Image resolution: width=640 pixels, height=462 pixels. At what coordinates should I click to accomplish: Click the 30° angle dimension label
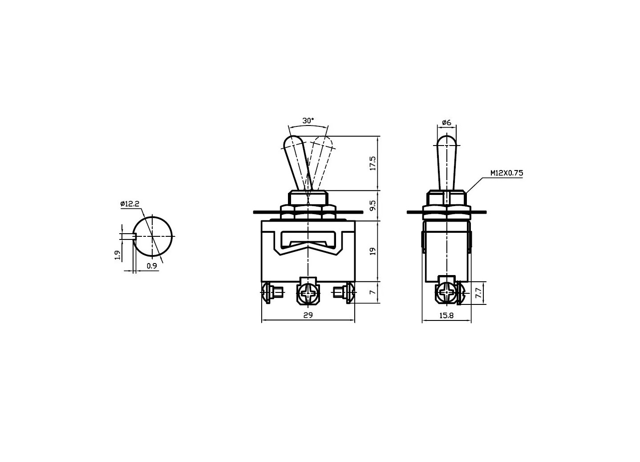[308, 121]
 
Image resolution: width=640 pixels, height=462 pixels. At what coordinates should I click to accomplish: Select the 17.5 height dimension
[373, 163]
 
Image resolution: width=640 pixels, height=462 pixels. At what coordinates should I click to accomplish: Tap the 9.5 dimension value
[373, 205]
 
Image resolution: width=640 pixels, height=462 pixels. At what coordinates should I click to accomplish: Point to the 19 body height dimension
[373, 251]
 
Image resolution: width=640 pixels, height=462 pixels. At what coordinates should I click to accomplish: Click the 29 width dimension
[308, 315]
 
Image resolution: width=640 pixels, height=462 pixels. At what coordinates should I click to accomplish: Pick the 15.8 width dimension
[446, 315]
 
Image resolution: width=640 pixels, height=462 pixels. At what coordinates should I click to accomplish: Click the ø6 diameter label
[446, 122]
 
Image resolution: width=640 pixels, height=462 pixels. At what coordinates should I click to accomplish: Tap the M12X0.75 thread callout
[506, 173]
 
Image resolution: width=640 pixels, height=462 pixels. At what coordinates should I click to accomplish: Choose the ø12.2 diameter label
[130, 204]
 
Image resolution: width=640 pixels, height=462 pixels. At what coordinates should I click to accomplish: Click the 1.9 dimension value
[117, 255]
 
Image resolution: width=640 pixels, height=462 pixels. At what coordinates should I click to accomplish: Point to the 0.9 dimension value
[151, 266]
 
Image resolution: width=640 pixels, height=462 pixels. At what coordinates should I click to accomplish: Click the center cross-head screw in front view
[308, 293]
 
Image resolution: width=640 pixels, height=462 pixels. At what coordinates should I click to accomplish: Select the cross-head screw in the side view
[446, 293]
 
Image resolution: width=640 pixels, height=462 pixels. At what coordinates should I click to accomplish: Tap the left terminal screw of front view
[271, 293]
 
